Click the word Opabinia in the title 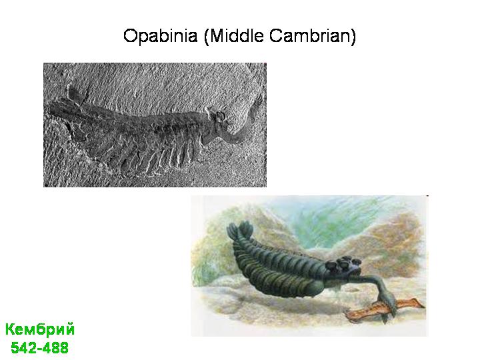point(161,36)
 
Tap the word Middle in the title point(237,35)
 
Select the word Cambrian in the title point(309,35)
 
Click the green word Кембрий point(40,330)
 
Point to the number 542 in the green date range point(23,348)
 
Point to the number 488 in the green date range point(57,348)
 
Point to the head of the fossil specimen point(217,118)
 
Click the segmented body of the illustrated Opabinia point(279,269)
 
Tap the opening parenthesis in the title point(206,37)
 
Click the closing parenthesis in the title point(353,37)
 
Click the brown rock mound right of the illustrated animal point(395,245)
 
